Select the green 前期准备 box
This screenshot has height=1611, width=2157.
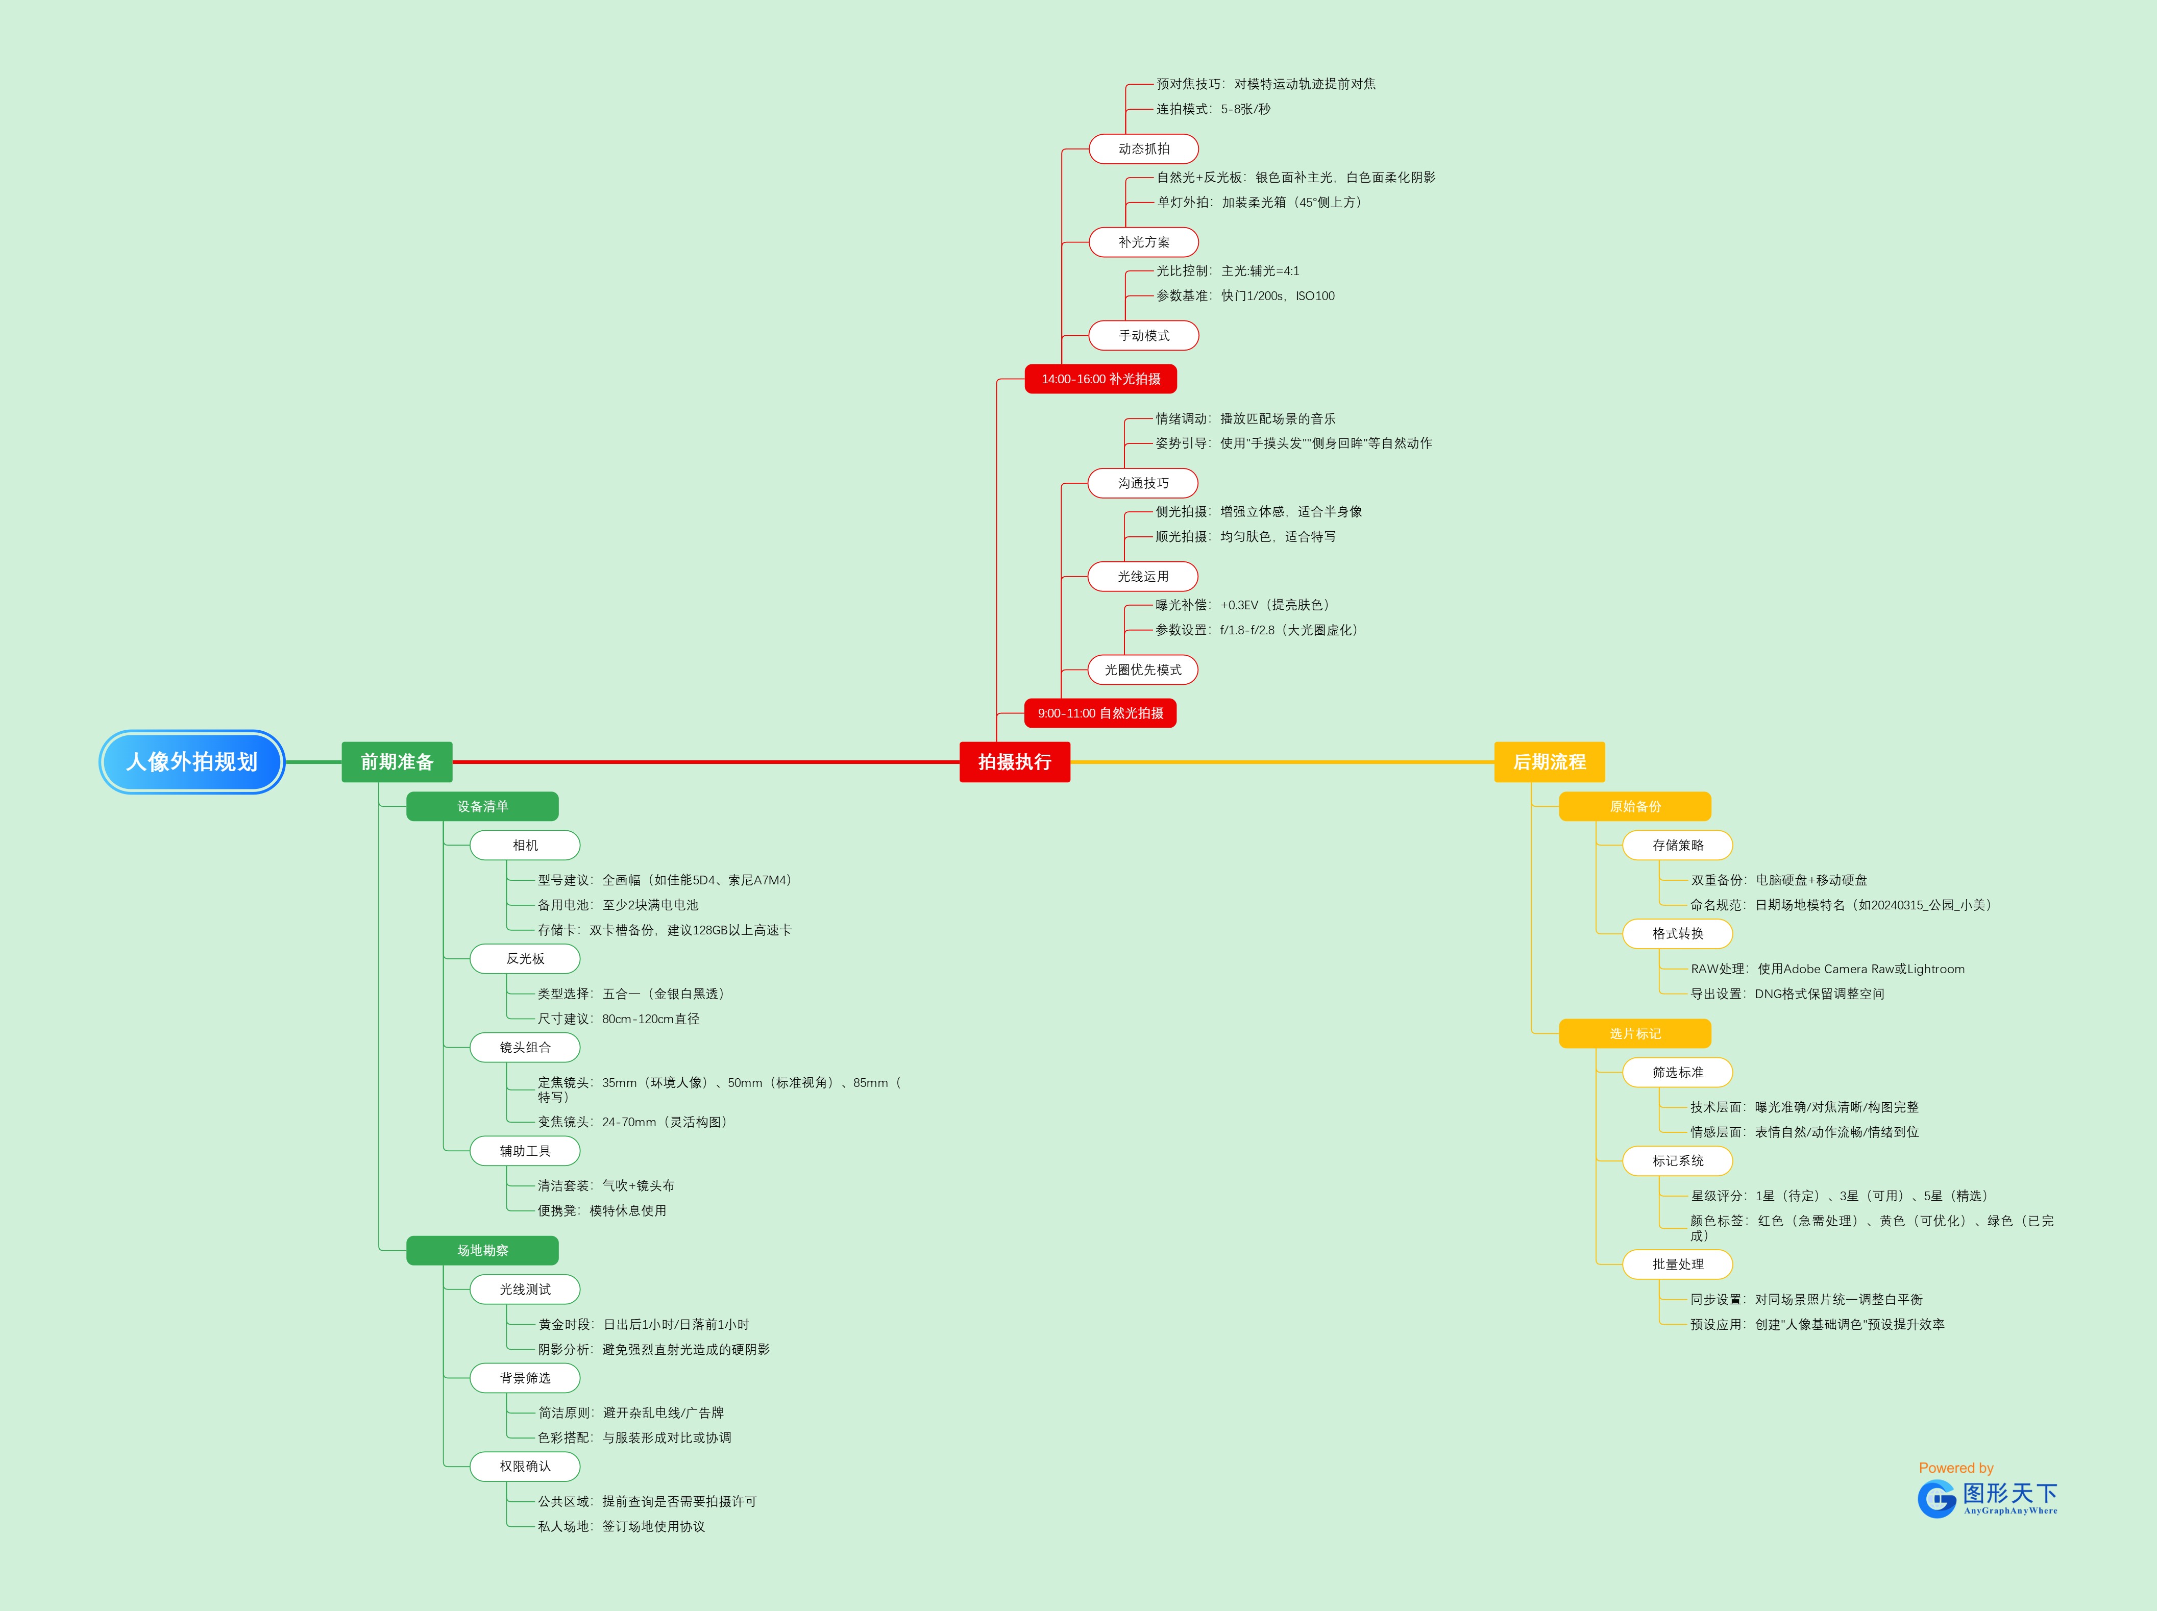(397, 762)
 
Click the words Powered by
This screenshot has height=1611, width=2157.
(1955, 1468)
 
